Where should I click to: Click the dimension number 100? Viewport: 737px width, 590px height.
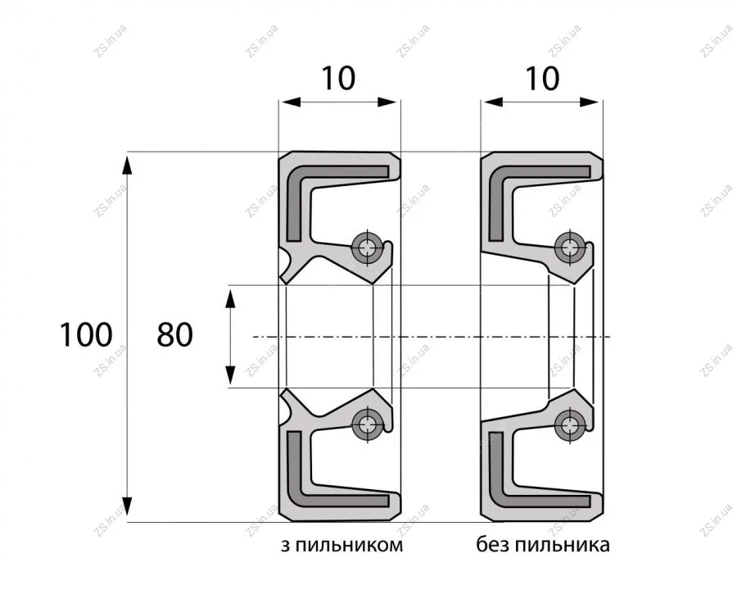pyautogui.click(x=85, y=335)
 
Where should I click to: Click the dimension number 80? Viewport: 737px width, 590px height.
pyautogui.click(x=175, y=335)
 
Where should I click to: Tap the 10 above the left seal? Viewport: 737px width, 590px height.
pyautogui.click(x=338, y=78)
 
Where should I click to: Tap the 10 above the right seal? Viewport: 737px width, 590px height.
pyautogui.click(x=542, y=78)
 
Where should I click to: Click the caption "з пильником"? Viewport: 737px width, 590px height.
pyautogui.click(x=341, y=545)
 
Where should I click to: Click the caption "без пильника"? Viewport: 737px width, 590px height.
pyautogui.click(x=543, y=545)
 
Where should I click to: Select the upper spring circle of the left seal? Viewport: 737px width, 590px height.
pyautogui.click(x=367, y=247)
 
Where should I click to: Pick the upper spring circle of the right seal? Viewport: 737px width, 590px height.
pyautogui.click(x=570, y=247)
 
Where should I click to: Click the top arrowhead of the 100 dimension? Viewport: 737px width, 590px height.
pyautogui.click(x=128, y=166)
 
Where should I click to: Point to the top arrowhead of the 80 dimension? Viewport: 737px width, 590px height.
pyautogui.click(x=230, y=298)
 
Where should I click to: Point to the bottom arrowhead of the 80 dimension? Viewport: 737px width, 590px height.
pyautogui.click(x=230, y=375)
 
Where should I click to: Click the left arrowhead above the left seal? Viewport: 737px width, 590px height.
pyautogui.click(x=290, y=102)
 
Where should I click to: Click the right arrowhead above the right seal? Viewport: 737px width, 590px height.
pyautogui.click(x=590, y=102)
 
